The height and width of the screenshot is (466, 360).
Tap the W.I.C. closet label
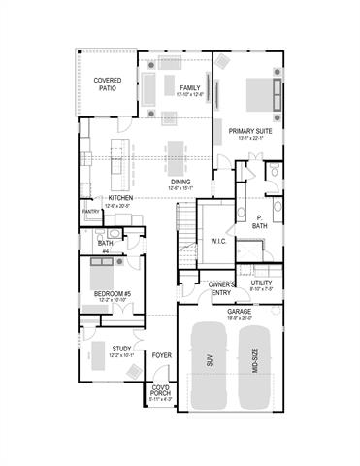coord(218,241)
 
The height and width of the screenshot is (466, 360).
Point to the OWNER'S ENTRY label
coord(220,288)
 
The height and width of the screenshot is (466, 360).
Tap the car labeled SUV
coord(208,365)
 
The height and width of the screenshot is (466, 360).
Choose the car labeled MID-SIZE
coord(254,365)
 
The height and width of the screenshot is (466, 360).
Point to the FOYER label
coord(162,355)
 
